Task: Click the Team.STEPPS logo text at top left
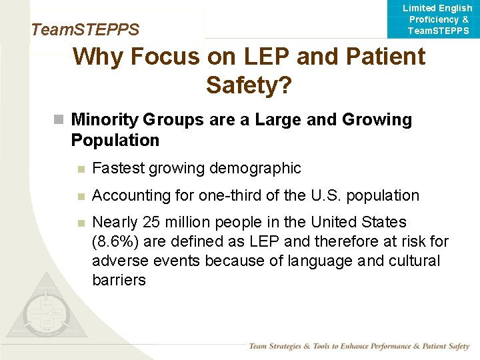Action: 85,30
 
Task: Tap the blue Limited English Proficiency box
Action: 437,19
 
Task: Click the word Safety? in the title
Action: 249,85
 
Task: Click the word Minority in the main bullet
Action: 104,120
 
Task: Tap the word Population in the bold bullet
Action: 115,141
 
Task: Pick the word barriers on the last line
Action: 119,280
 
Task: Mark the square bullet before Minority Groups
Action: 59,120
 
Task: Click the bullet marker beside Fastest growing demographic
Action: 81,169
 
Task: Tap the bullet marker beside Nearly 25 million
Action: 81,223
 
